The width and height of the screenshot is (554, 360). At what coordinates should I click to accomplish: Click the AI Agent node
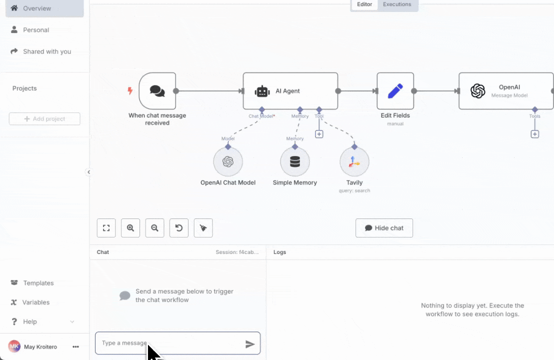(x=290, y=91)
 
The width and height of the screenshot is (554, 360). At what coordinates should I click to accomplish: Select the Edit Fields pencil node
(x=395, y=91)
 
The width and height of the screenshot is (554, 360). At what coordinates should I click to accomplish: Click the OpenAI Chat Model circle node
(x=228, y=161)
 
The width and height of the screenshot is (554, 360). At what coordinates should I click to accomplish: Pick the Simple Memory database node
(x=295, y=161)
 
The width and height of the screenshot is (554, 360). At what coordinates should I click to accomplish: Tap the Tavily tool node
(x=354, y=161)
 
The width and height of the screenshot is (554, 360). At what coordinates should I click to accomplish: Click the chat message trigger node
(x=157, y=91)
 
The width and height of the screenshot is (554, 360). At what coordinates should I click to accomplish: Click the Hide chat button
(x=384, y=228)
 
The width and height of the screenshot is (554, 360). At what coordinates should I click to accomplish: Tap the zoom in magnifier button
(x=130, y=228)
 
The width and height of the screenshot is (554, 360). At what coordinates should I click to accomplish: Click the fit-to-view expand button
(x=106, y=228)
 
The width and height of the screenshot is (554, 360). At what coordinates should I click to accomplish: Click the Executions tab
(x=397, y=4)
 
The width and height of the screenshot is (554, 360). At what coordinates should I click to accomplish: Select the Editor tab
(x=364, y=4)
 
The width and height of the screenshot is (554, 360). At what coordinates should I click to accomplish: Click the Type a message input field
(x=167, y=343)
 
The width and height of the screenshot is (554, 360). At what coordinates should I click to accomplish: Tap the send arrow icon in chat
(x=250, y=344)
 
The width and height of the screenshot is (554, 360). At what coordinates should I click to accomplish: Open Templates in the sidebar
(x=38, y=283)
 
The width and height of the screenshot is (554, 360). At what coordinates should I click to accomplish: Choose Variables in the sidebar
(x=35, y=302)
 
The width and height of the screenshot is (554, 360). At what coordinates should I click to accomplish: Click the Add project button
(x=44, y=119)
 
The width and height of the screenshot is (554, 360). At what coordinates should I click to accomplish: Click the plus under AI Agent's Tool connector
(x=319, y=134)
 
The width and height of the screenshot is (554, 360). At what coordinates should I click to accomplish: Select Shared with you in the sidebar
(x=46, y=51)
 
